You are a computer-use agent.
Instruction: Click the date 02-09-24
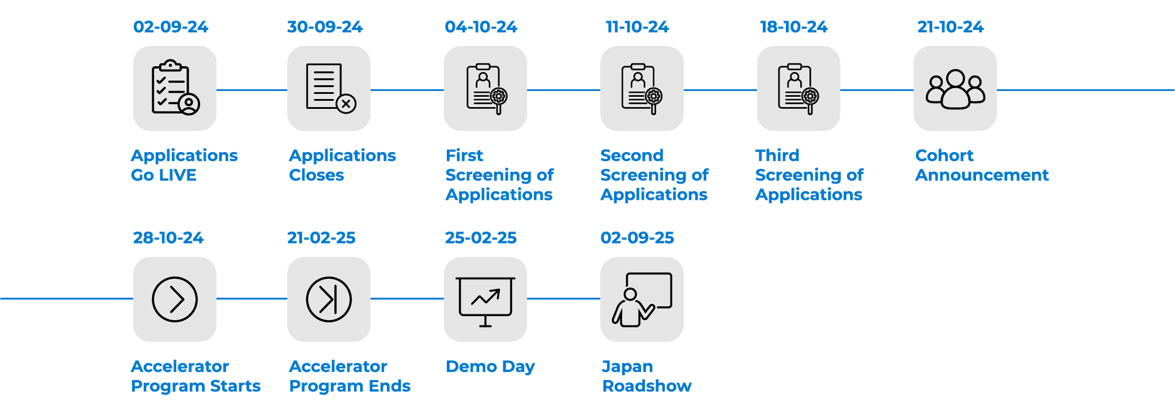click(171, 27)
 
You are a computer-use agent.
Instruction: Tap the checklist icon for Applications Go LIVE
click(175, 88)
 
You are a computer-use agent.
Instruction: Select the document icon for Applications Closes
click(329, 88)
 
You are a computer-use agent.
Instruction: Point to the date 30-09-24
click(325, 27)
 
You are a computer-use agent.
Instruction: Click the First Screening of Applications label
click(499, 174)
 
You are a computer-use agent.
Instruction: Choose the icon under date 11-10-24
click(642, 88)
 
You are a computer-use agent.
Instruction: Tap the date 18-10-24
click(793, 27)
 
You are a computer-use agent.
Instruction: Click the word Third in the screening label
click(777, 155)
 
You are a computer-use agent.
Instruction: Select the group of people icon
click(955, 88)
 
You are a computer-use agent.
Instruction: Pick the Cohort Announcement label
click(982, 165)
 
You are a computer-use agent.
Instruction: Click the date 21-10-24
click(950, 27)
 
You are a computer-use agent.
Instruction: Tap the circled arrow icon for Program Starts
click(175, 299)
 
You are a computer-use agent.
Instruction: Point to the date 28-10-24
click(168, 238)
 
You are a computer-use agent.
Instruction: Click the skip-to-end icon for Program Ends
click(329, 299)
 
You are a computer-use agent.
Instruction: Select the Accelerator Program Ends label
click(349, 376)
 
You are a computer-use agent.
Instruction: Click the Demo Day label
click(491, 367)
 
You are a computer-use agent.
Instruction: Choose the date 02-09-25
click(637, 238)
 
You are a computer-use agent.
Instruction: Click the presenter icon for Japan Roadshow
click(642, 299)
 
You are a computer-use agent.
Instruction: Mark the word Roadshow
click(647, 386)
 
